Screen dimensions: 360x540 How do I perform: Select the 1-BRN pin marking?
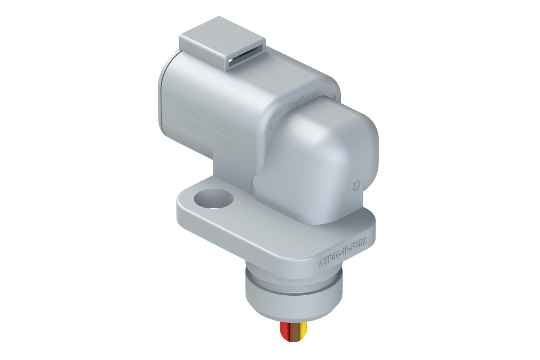click(189, 111)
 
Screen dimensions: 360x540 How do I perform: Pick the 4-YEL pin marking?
click(222, 144)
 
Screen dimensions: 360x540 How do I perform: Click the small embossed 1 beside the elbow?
click(271, 129)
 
